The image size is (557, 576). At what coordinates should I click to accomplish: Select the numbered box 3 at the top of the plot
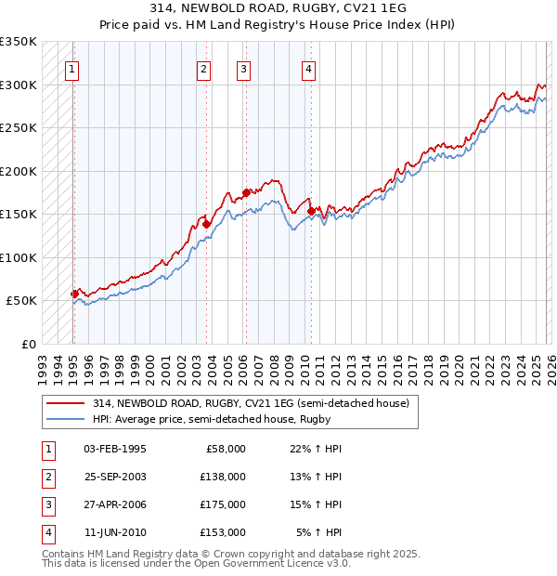243,68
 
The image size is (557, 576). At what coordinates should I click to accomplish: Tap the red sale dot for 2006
246,193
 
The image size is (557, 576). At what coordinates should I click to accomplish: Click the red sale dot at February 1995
74,294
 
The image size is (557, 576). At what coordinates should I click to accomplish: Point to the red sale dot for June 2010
310,211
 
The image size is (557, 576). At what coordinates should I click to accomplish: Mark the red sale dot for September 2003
206,224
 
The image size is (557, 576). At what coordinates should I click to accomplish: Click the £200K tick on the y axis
19,171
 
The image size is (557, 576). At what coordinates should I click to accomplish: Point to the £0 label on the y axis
28,344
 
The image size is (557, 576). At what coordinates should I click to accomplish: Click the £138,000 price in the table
223,476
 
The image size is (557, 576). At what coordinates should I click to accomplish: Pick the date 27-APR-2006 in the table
114,504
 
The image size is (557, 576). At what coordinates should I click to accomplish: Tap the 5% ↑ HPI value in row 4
318,532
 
